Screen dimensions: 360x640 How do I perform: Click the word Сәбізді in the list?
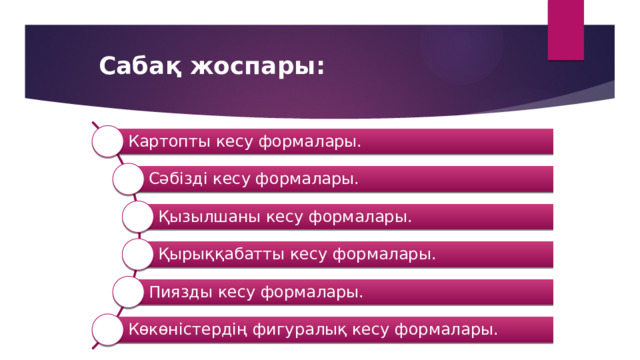pyautogui.click(x=179, y=179)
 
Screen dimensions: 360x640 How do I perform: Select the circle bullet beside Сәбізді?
pyautogui.click(x=128, y=179)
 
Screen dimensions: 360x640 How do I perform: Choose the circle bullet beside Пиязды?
pyautogui.click(x=128, y=292)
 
